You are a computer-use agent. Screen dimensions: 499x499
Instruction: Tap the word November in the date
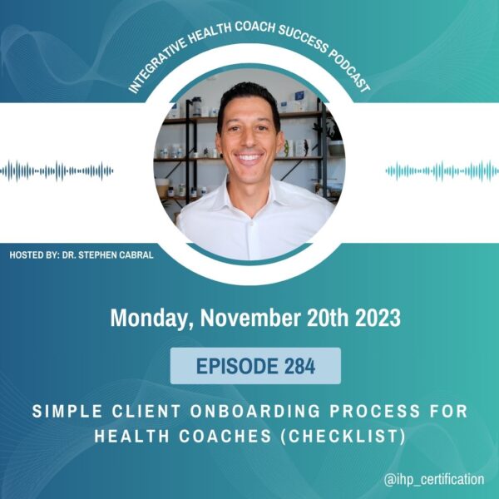[249, 318]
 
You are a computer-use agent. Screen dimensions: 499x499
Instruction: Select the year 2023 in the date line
[378, 318]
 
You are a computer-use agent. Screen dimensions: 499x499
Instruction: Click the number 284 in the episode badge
[299, 366]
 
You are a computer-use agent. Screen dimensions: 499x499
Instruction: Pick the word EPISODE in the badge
[237, 366]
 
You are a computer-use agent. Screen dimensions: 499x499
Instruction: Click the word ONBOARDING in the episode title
[254, 411]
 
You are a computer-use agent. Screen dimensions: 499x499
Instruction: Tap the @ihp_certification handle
[434, 479]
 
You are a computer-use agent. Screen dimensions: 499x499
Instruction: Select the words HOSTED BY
[33, 255]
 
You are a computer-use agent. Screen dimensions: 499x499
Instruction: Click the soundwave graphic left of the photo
[57, 171]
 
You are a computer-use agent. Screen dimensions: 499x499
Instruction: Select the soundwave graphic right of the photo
[442, 171]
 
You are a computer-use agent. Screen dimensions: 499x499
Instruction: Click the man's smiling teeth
[249, 157]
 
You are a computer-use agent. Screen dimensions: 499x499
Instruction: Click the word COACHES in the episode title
[225, 436]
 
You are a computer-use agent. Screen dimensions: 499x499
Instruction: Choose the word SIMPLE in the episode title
[67, 411]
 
